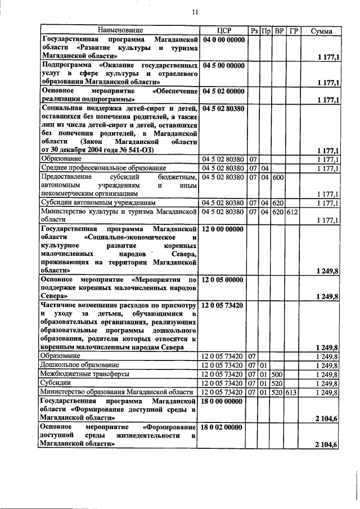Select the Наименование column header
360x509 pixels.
click(120, 30)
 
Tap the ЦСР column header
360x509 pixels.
click(224, 30)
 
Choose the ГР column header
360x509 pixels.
click(292, 30)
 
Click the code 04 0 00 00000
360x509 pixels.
click(224, 39)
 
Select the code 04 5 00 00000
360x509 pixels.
click(224, 65)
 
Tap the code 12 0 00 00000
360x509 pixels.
click(224, 229)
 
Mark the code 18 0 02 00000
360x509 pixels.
click(224, 427)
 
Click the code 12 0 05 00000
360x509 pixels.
click(224, 279)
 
